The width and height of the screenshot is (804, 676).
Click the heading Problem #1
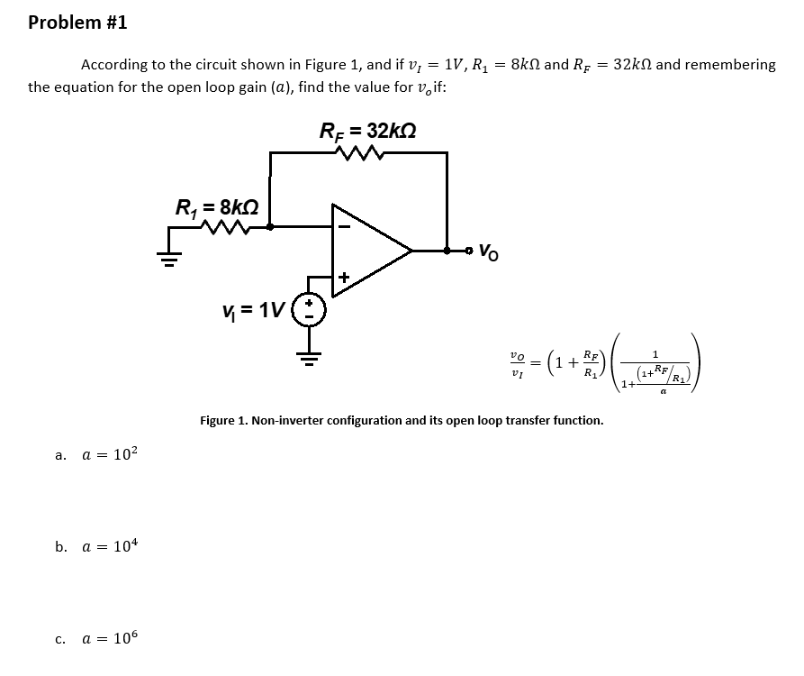point(77,23)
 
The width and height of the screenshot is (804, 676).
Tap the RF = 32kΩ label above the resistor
point(367,130)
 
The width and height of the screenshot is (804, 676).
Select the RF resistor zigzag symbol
point(359,152)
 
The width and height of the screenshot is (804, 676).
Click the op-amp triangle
point(369,249)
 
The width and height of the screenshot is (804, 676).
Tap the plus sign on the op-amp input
point(343,277)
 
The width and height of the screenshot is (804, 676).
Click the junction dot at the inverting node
point(272,228)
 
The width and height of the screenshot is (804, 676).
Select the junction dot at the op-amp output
point(447,249)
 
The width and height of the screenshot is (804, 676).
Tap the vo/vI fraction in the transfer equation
point(516,363)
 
